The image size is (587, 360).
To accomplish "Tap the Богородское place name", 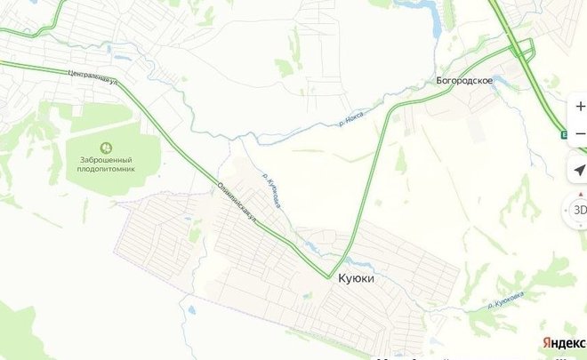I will click(464, 80).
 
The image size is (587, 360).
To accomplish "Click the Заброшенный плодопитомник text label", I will click(106, 162).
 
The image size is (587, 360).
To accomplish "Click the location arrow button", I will click(579, 171).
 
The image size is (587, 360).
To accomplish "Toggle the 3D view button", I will click(579, 210).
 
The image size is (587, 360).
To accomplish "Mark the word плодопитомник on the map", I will click(106, 167).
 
